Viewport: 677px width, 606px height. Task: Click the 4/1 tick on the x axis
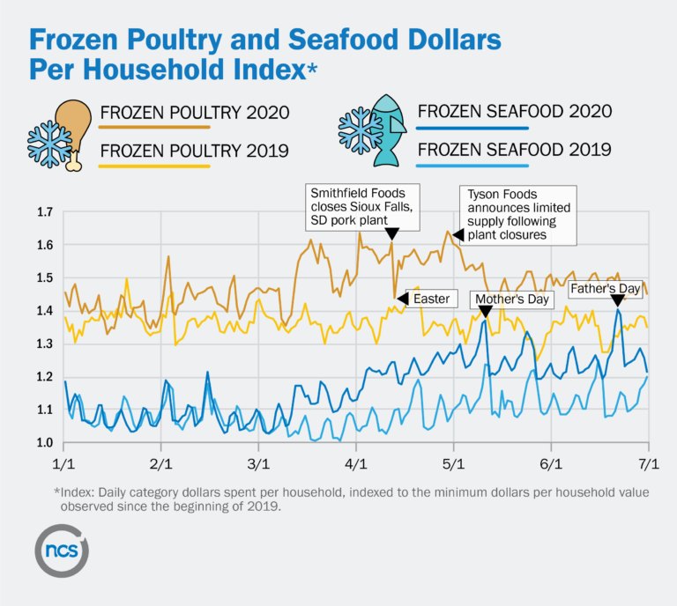pyautogui.click(x=356, y=462)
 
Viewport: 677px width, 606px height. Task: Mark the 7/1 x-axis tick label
pyautogui.click(x=649, y=462)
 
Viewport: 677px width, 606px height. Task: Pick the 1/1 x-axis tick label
pyautogui.click(x=63, y=462)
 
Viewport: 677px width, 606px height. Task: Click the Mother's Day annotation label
pyautogui.click(x=512, y=299)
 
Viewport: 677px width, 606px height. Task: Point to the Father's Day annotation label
pyautogui.click(x=604, y=288)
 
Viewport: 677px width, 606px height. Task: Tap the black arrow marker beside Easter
pyautogui.click(x=402, y=299)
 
